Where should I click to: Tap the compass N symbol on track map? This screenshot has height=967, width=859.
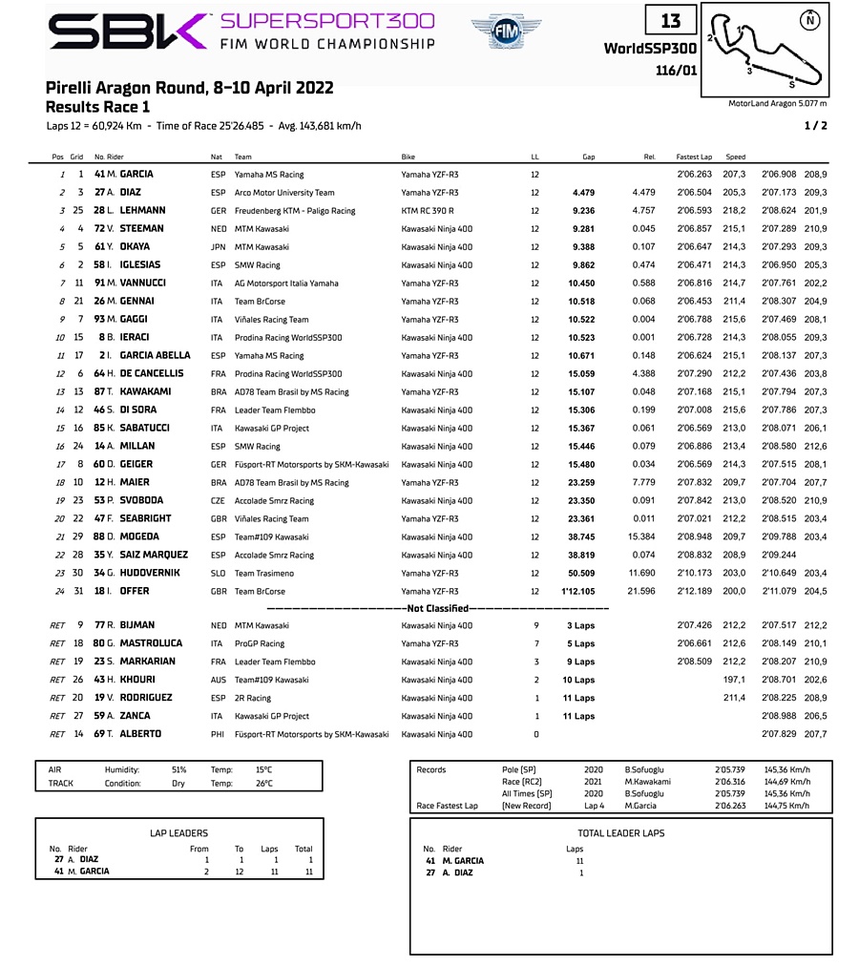click(809, 19)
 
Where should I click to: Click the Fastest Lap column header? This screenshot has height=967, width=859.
click(694, 157)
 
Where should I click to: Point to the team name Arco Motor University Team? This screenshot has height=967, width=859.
click(284, 192)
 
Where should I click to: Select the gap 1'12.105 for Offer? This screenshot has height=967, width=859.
click(578, 591)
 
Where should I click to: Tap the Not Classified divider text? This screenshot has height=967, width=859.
click(438, 608)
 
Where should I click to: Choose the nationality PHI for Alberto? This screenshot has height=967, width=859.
click(218, 734)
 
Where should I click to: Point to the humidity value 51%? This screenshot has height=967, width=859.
click(178, 769)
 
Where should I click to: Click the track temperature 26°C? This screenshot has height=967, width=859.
click(263, 784)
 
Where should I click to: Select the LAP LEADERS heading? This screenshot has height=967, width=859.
click(178, 833)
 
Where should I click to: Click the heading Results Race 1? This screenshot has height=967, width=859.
click(98, 107)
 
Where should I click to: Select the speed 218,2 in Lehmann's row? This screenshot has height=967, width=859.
click(735, 210)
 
